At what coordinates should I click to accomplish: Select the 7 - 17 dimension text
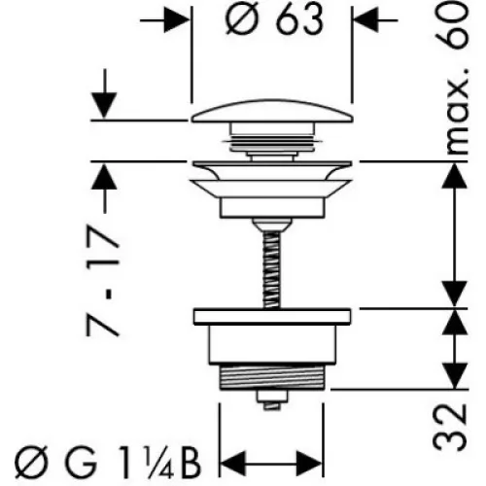click(x=103, y=281)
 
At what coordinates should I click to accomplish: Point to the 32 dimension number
click(x=450, y=428)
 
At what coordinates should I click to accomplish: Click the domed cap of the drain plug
click(x=272, y=112)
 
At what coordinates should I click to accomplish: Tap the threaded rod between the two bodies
click(x=271, y=269)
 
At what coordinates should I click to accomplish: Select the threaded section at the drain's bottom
click(x=271, y=376)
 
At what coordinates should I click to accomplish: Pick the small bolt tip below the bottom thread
click(x=271, y=400)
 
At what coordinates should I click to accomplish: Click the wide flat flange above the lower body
click(x=272, y=317)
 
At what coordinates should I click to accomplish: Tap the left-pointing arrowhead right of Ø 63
click(x=366, y=20)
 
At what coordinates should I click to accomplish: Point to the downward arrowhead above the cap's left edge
click(x=104, y=106)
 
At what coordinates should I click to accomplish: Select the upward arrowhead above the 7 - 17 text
click(x=104, y=177)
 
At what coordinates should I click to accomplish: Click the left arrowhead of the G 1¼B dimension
click(x=232, y=464)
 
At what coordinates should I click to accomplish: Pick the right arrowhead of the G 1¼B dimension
click(x=310, y=464)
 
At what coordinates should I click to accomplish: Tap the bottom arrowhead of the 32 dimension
click(x=455, y=376)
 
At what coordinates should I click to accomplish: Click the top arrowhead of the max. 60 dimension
click(x=455, y=176)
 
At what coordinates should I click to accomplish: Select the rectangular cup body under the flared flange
click(x=272, y=207)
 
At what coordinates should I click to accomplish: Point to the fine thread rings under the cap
click(x=271, y=144)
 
